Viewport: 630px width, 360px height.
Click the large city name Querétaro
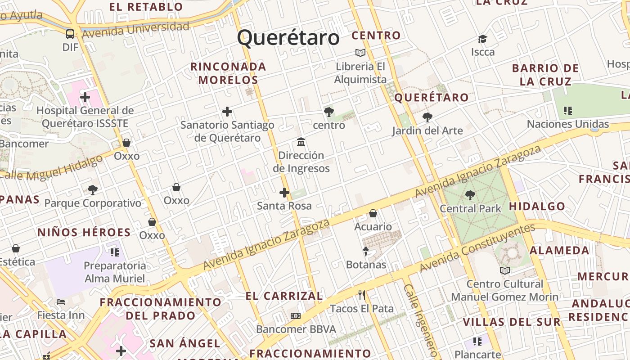tap(288, 38)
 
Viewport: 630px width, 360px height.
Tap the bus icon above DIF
tap(70, 34)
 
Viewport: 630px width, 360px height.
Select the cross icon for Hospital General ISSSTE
tap(85, 97)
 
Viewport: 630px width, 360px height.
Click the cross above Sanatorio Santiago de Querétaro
tap(227, 112)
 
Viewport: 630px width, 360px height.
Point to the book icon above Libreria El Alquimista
tap(360, 53)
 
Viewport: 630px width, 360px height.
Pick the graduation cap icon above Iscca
tap(483, 39)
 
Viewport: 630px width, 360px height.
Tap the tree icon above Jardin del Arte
tap(427, 117)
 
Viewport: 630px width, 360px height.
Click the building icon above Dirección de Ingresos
tap(301, 142)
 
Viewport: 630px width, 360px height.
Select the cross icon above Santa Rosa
tap(284, 193)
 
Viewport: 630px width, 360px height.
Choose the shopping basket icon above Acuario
tap(373, 213)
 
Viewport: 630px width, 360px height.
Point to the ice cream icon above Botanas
tap(366, 251)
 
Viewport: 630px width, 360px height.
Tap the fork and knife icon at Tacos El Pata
tap(362, 295)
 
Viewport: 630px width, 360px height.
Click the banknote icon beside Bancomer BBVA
tap(296, 316)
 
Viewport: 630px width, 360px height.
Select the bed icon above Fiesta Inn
tap(61, 301)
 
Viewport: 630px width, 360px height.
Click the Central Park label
tap(470, 208)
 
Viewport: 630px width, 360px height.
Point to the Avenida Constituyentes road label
tap(477, 248)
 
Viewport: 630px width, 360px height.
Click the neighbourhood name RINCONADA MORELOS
tap(228, 73)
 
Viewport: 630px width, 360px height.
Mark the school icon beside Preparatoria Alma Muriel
tap(114, 252)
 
